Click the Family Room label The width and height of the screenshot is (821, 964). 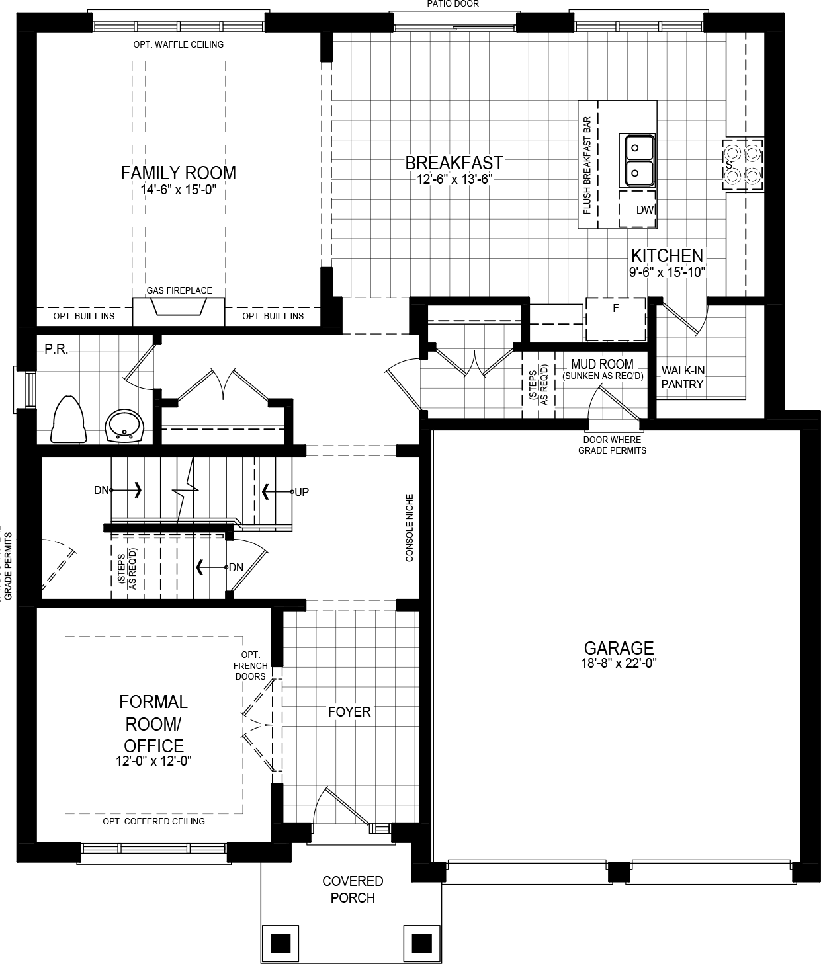pos(178,173)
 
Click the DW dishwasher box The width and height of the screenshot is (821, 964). pos(638,210)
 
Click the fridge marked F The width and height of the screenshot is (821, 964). pos(615,319)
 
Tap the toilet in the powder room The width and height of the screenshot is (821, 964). pos(68,420)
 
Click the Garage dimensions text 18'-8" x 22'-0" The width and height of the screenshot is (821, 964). pos(619,664)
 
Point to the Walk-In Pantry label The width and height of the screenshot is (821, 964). pos(682,378)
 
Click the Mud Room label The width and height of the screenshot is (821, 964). pos(602,364)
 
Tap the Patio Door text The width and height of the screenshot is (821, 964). pos(453,4)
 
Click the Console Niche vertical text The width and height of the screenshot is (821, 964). pos(410,528)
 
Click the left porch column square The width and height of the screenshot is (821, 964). pos(281,942)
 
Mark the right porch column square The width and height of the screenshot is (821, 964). pos(421,942)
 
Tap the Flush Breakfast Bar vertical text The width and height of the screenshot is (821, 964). pos(586,165)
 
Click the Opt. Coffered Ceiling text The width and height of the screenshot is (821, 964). pos(153,821)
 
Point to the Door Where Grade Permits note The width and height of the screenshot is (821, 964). pos(612,445)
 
